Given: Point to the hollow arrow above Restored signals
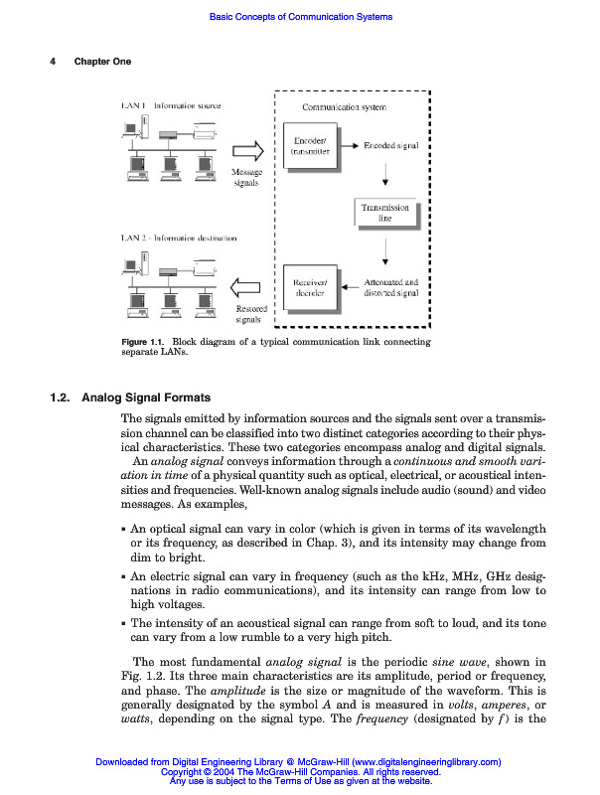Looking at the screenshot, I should coord(247,288).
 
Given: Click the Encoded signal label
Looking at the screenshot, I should coord(390,145).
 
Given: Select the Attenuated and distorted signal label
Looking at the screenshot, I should coord(390,287).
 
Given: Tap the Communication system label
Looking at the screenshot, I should coord(344,106).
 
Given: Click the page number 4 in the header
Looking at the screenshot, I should coord(53,62).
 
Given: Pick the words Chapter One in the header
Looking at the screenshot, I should coord(102,62).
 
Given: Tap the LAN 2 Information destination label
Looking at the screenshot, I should coord(179,238).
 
